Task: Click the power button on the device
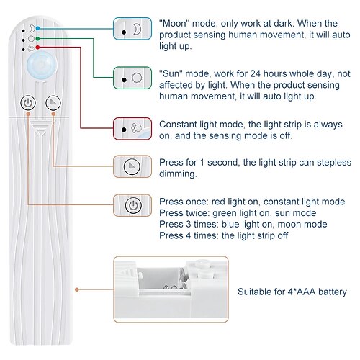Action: pos(28,103)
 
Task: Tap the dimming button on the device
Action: pos(53,103)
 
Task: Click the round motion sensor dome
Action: pos(42,65)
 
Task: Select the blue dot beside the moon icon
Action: pos(37,28)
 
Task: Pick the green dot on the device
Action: pos(37,38)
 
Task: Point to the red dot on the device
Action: pos(37,48)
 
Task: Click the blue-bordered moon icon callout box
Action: pos(132,29)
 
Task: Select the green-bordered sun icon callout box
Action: pos(132,78)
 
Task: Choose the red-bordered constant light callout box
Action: pos(132,129)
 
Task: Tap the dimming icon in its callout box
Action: pos(132,166)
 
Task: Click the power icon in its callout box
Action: pos(133,205)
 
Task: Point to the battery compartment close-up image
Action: pos(171,289)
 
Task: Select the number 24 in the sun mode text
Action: pos(255,73)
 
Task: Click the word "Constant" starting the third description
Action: pos(178,125)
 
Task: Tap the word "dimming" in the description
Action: pos(178,174)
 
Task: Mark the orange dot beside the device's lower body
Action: pos(77,289)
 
